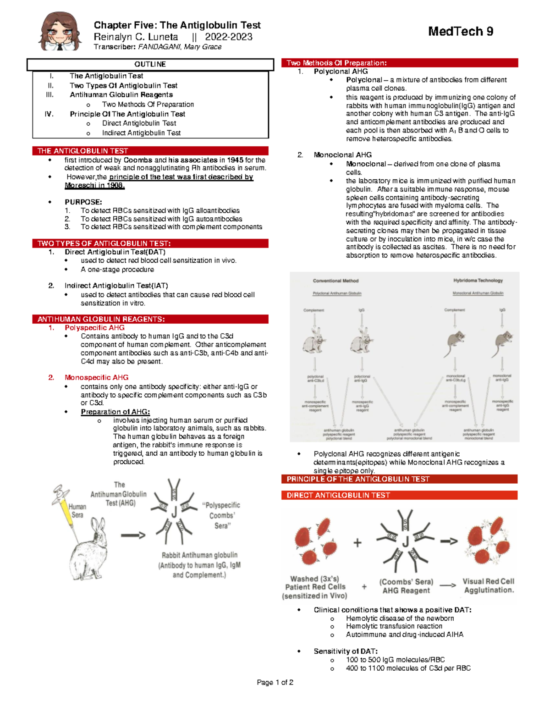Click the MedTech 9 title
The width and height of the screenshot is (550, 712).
tap(460, 31)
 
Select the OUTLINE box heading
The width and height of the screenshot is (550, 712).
tap(150, 64)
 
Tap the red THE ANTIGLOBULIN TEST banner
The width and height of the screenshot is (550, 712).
tap(82, 151)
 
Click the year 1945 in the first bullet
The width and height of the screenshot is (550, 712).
tap(235, 160)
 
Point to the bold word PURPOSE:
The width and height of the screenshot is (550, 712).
tap(83, 202)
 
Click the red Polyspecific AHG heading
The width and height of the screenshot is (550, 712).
tap(94, 327)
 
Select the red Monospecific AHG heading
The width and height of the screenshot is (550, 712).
tap(96, 377)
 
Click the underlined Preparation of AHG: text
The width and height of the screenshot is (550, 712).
tap(115, 412)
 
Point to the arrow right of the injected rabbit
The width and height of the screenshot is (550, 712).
tap(133, 535)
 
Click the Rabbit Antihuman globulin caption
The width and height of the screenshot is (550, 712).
tap(199, 555)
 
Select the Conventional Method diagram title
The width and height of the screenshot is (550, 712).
tap(335, 281)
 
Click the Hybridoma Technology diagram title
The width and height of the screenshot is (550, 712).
tap(478, 280)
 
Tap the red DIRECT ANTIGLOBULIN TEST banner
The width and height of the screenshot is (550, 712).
tap(338, 495)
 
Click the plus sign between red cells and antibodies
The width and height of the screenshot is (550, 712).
tap(357, 543)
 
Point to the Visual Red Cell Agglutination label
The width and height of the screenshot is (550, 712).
tap(489, 585)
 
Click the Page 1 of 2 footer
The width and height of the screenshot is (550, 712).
tap(275, 682)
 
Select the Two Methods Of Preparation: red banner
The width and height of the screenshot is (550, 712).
tap(336, 63)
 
